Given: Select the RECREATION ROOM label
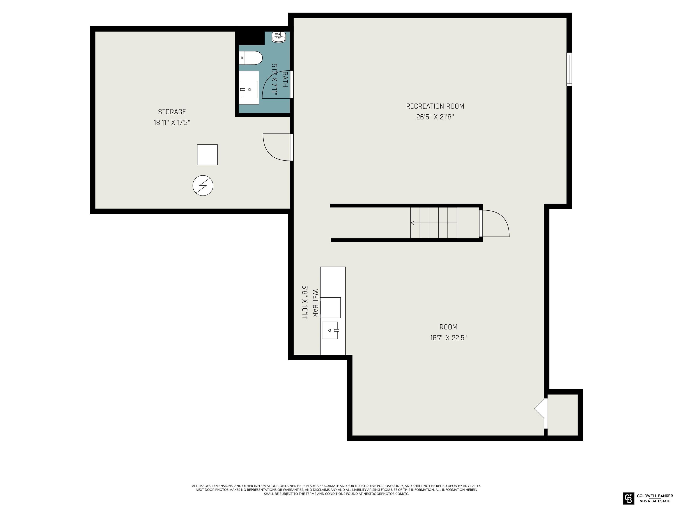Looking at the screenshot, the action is pyautogui.click(x=435, y=106).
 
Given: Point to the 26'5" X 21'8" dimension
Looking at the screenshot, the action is pyautogui.click(x=435, y=117).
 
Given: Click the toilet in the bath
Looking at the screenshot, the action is pyautogui.click(x=250, y=58).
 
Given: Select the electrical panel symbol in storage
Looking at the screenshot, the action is pyautogui.click(x=203, y=185).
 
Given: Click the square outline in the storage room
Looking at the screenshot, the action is pyautogui.click(x=207, y=155).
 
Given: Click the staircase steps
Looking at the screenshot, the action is pyautogui.click(x=434, y=223).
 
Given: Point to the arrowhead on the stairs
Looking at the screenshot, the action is pyautogui.click(x=412, y=223).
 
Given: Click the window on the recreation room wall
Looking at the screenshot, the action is pyautogui.click(x=569, y=69).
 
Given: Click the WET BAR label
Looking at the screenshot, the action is pyautogui.click(x=315, y=303).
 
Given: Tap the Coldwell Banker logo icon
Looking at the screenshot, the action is pyautogui.click(x=628, y=498).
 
